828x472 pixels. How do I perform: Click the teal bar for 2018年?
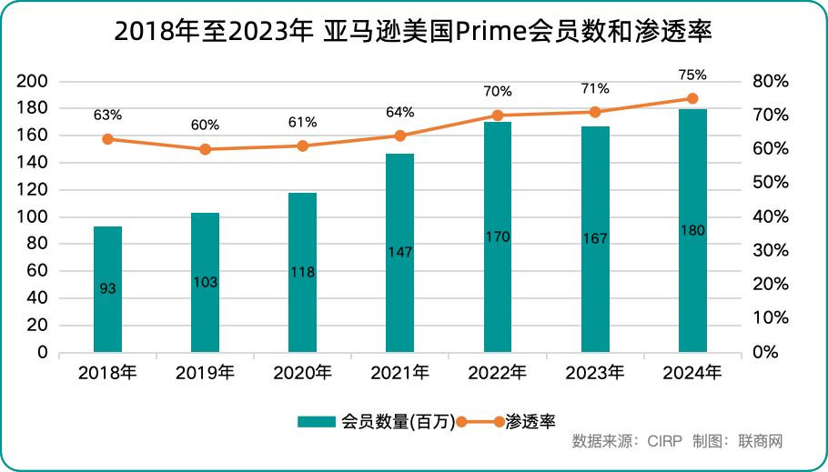tap(107, 289)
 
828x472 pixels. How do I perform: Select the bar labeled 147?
tap(399, 253)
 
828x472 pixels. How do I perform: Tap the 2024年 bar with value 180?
tap(692, 230)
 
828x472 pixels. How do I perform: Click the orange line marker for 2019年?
tap(205, 149)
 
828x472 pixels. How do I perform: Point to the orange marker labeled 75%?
tap(692, 98)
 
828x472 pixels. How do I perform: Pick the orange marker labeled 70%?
tap(498, 115)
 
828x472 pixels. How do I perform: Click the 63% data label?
tap(107, 115)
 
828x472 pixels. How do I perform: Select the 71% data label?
tap(595, 88)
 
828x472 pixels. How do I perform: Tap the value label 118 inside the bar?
tap(302, 272)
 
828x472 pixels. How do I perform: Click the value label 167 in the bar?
tap(595, 238)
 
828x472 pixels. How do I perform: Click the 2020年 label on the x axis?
tap(302, 373)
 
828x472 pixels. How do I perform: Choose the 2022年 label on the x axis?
tap(498, 373)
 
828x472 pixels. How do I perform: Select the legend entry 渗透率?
tap(530, 421)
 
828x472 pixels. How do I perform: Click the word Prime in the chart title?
tap(491, 31)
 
